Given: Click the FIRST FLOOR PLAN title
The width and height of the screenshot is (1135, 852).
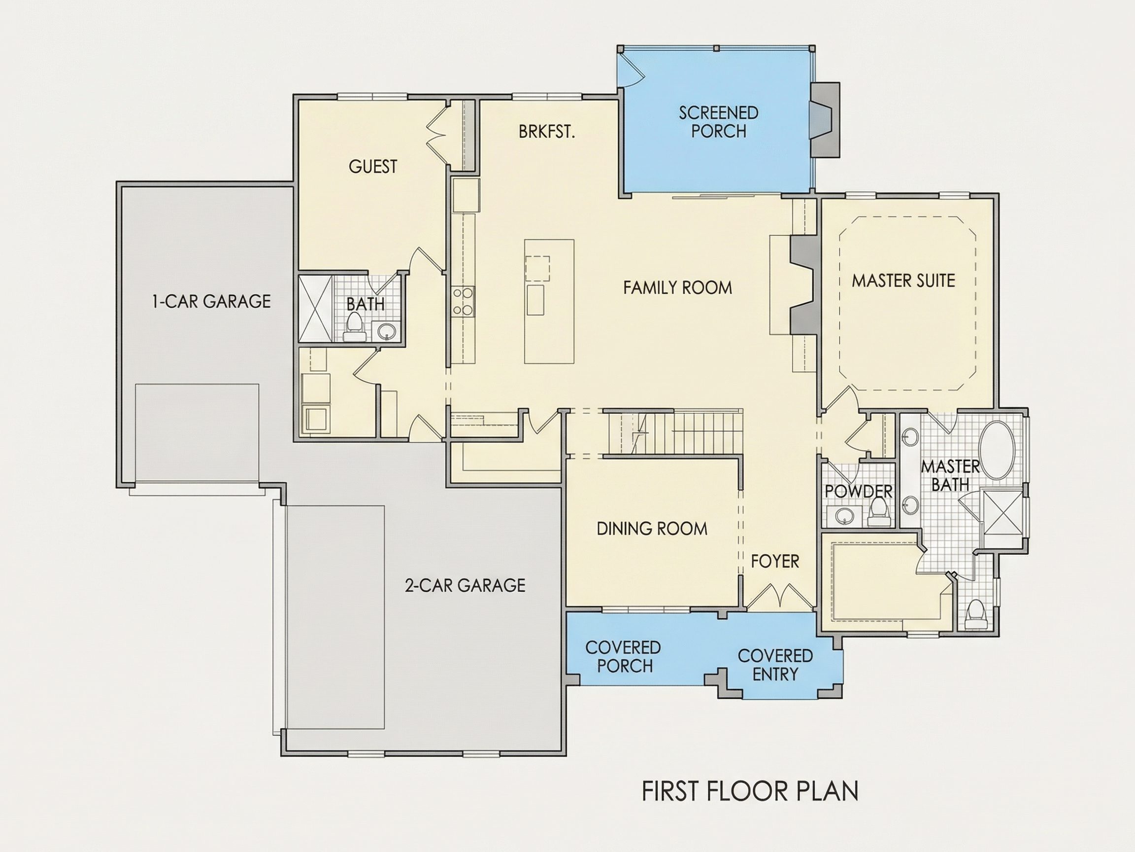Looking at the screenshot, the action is pos(750,791).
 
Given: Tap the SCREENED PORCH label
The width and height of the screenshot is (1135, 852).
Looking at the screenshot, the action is pos(718,122).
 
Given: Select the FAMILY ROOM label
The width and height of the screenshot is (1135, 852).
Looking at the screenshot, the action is pos(677,287).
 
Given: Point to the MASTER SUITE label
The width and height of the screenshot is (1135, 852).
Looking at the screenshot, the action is pos(903,281).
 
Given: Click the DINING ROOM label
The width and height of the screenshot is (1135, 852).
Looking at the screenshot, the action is pos(652,529).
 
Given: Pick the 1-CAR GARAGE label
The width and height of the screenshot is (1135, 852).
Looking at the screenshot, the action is pos(211,301).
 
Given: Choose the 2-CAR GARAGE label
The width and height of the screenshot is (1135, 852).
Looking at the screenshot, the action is pos(465,585).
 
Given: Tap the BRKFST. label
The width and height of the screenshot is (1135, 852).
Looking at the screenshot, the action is pos(546,132).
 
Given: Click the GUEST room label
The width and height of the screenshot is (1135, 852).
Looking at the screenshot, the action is pos(373,166).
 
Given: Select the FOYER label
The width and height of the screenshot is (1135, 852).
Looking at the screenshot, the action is pos(775,561).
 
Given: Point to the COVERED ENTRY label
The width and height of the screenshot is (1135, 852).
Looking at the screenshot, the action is pos(775,665).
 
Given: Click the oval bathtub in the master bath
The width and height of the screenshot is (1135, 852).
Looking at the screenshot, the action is pos(997,450).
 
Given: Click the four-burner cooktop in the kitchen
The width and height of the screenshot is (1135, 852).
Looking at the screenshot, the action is pos(463,301).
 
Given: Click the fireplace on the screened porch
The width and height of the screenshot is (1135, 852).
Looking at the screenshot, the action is pos(825,120).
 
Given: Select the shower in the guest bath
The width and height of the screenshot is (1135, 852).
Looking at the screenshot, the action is pos(316,309).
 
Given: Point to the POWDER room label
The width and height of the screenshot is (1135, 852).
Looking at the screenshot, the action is pos(859,492).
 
